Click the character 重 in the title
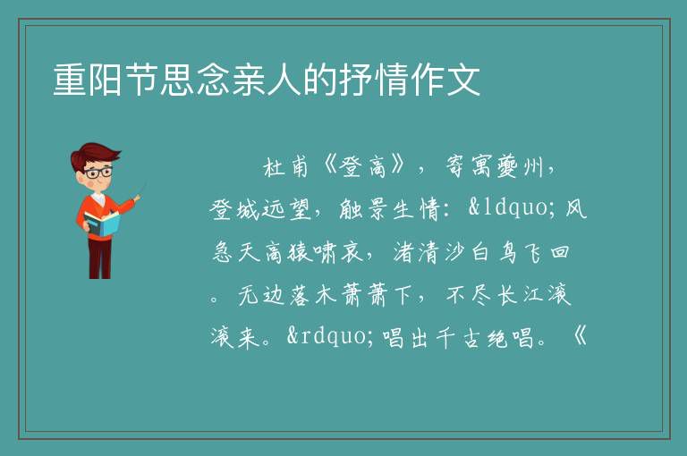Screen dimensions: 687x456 tap(70, 80)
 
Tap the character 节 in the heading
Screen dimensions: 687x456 tap(141, 80)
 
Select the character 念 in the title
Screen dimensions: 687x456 tap(213, 80)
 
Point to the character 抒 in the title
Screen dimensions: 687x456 tap(355, 80)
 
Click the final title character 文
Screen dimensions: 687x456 tap(462, 80)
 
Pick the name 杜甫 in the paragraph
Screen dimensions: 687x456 tap(286, 167)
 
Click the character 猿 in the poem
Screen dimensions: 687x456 tap(301, 252)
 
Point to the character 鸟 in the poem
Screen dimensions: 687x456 tap(508, 252)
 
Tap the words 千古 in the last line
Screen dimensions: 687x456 tap(458, 337)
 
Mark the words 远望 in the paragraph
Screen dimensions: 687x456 tap(286, 209)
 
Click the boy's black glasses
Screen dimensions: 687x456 tap(98, 173)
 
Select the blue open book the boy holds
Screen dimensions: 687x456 tap(102, 224)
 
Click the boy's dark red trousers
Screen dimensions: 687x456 tap(100, 258)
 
